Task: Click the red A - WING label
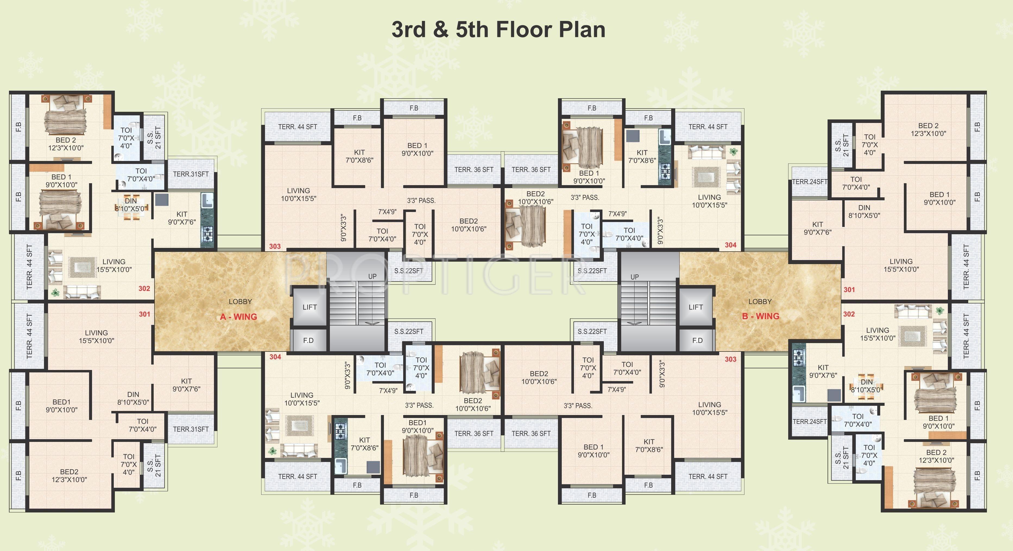pos(238,317)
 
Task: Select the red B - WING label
pos(760,316)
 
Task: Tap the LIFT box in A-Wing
pos(310,307)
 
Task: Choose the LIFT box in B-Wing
pos(695,307)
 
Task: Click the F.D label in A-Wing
pos(308,340)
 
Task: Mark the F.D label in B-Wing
pos(697,340)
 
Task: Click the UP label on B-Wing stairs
pos(634,277)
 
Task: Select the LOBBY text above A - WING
pos(240,302)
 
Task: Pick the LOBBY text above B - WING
pos(760,302)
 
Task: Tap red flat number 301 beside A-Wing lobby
pos(144,314)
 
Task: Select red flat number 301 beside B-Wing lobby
pos(849,290)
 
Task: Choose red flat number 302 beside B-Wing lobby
pos(849,314)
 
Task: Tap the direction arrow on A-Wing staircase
pos(373,323)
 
